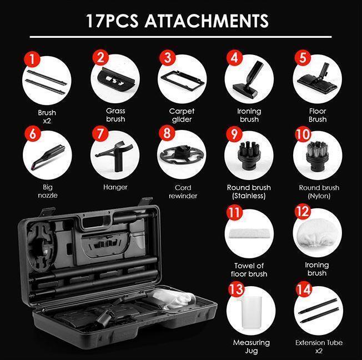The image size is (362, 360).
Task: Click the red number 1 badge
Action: click(32, 59)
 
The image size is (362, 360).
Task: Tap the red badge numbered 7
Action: click(100, 134)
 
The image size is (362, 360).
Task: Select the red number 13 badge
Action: click(236, 289)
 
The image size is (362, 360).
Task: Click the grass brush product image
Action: click(116, 79)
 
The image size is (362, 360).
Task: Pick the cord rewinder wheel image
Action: click(182, 154)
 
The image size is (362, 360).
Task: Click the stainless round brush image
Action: click(248, 156)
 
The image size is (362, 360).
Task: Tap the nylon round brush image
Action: click(317, 157)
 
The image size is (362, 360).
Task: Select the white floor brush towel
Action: click(249, 233)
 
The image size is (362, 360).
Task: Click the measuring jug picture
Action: click(251, 311)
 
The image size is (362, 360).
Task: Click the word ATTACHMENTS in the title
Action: click(207, 21)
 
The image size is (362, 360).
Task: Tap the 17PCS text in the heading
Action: click(113, 21)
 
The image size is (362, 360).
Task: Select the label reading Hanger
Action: click(115, 187)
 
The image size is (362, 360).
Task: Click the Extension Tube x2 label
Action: click(319, 347)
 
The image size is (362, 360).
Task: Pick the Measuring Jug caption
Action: click(252, 347)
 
